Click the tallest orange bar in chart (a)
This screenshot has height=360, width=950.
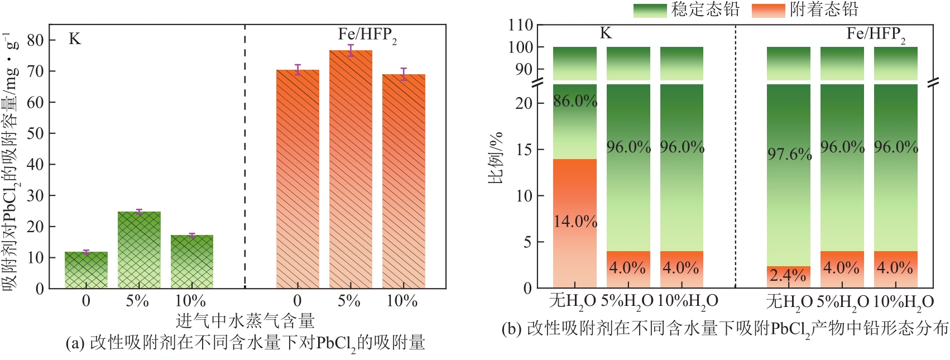tap(351, 167)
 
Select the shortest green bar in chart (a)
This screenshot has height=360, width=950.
tap(86, 270)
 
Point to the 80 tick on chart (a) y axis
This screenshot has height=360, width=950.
tap(35, 40)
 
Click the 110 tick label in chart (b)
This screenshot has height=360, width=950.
tap(520, 25)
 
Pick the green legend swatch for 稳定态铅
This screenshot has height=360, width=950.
tap(650, 10)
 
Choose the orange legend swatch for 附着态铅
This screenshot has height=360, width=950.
tap(769, 10)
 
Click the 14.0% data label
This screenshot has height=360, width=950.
tap(575, 222)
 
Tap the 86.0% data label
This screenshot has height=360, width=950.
tap(575, 101)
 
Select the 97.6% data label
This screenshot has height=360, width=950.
tap(789, 153)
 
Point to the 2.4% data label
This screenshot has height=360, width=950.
tap(788, 275)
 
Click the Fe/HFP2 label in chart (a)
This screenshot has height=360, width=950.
tap(367, 35)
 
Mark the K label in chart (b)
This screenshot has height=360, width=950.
tap(606, 33)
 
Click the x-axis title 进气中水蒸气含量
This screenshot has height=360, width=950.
tap(245, 321)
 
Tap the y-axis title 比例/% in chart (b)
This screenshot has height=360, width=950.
tap(496, 158)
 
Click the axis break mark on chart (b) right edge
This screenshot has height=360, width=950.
tap(933, 83)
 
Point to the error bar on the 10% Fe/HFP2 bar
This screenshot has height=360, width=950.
tap(404, 74)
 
